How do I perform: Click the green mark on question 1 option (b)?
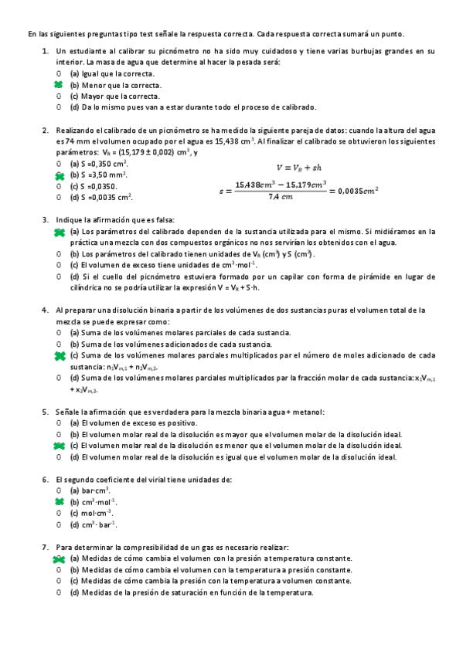pos(58,84)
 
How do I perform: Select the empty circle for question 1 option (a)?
pos(58,73)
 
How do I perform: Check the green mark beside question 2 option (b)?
pos(58,175)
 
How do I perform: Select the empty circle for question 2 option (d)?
pos(58,197)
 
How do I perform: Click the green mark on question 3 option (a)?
pos(59,231)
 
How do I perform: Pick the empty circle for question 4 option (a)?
pos(58,332)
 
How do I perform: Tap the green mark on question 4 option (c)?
pos(59,355)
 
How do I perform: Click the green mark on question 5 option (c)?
pos(59,446)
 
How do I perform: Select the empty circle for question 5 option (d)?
pos(58,456)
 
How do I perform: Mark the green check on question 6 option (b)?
pos(58,501)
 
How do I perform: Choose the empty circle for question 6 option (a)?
pos(58,490)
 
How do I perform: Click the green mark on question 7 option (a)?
pos(59,558)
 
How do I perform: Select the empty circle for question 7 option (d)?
pos(58,592)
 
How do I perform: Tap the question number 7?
pos(45,547)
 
